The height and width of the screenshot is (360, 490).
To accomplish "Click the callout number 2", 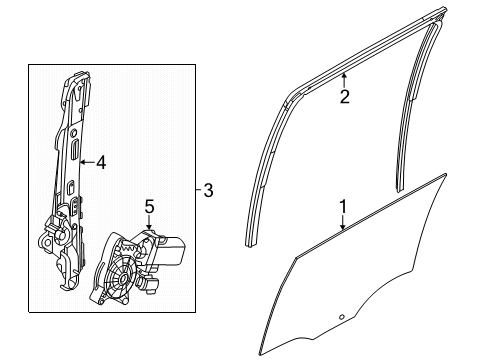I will [x=344, y=97].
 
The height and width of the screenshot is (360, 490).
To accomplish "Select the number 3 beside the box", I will [x=207, y=190].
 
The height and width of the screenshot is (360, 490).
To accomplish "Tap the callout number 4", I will [x=100, y=161].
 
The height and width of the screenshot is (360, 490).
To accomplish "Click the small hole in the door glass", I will [x=340, y=318].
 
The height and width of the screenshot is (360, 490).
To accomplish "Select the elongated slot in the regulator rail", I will [x=75, y=150].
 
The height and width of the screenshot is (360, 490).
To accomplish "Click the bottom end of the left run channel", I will [x=253, y=269].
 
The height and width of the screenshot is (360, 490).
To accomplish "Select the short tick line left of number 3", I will [x=193, y=190].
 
